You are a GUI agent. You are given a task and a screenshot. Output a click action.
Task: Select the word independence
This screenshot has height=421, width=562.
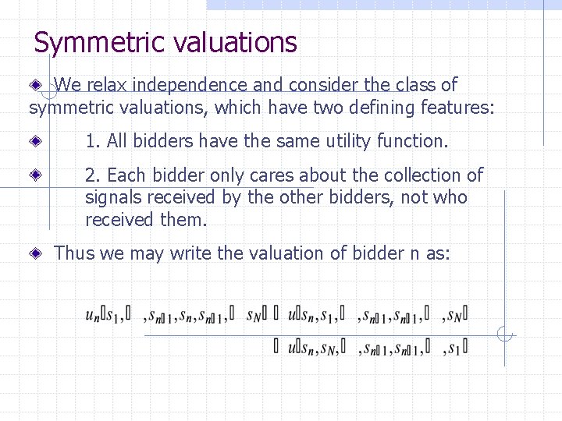[x=196, y=84]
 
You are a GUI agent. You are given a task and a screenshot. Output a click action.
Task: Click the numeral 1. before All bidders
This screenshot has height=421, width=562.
[x=93, y=141]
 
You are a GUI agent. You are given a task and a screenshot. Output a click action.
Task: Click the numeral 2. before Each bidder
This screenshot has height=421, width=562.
[x=94, y=175]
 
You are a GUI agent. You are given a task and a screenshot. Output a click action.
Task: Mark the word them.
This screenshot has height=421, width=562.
[x=183, y=219]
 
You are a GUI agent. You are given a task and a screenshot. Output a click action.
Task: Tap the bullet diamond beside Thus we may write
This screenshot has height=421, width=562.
[x=37, y=253]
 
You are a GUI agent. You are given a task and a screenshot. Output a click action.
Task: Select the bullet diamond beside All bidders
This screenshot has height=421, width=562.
[x=37, y=141]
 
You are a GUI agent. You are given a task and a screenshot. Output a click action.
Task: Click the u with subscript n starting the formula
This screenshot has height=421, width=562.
[x=92, y=315]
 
